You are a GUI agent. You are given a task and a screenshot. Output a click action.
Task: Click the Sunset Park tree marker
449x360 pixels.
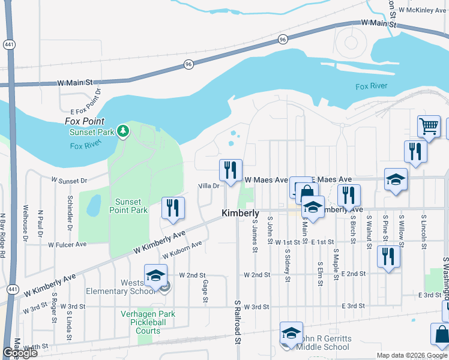pyautogui.click(x=123, y=130)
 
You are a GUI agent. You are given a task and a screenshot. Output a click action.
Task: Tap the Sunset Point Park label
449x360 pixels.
pyautogui.click(x=128, y=206)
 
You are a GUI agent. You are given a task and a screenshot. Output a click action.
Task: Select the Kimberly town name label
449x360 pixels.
pyautogui.click(x=240, y=213)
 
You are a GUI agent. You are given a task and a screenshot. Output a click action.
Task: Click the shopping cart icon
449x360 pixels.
pyautogui.click(x=429, y=127)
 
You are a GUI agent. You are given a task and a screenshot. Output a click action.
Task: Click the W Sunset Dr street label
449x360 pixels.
pyautogui.click(x=70, y=179)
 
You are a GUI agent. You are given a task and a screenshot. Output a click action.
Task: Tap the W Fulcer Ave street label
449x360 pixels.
pyautogui.click(x=68, y=244)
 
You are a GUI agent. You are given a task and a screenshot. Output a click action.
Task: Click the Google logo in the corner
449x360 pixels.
pyautogui.click(x=20, y=353)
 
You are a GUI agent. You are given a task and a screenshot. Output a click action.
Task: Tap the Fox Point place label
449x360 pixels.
pyautogui.click(x=80, y=121)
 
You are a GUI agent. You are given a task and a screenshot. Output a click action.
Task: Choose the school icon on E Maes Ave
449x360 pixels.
pyautogui.click(x=396, y=180)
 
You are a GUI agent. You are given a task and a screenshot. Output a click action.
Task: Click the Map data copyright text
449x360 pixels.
pyautogui.click(x=412, y=355)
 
